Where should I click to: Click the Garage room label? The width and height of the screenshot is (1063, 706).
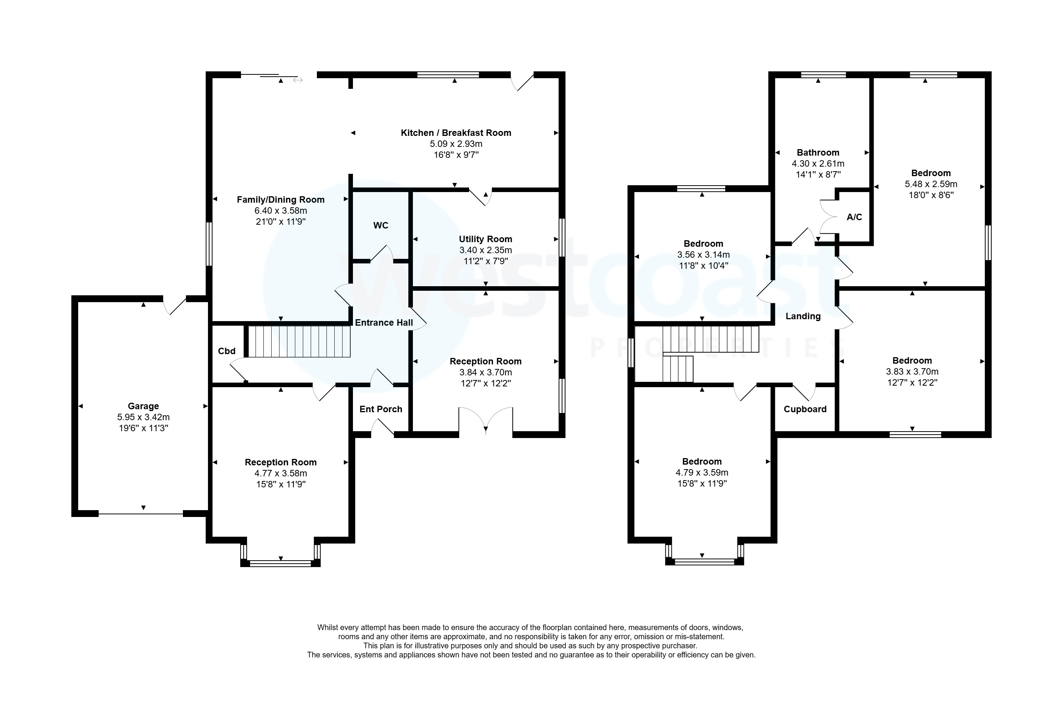143,406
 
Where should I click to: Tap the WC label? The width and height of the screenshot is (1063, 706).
380,225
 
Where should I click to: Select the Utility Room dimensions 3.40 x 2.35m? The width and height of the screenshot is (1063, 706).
485,250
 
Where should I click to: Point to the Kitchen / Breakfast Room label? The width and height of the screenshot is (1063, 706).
456,133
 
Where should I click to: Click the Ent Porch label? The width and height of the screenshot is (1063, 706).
380,409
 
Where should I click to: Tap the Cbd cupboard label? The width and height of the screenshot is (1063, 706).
226,351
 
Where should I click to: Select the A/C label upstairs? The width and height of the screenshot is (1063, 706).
854,217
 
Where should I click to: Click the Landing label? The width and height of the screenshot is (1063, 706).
803,316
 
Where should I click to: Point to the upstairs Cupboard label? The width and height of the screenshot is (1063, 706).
805,409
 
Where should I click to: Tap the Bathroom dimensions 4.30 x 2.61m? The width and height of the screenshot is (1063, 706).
818,164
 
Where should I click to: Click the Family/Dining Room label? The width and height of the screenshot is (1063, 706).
280,199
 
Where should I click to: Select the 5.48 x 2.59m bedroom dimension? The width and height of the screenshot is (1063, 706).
931,184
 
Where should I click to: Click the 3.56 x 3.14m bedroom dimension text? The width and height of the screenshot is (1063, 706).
703,254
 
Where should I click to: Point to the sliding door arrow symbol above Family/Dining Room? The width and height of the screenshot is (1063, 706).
298,80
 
